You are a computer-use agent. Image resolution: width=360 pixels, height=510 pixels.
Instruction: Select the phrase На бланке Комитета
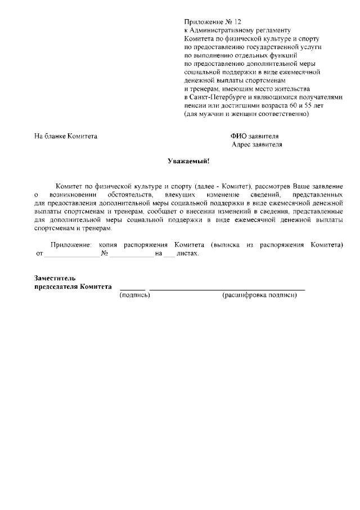(66, 136)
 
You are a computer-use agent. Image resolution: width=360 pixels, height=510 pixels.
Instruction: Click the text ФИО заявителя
(254, 136)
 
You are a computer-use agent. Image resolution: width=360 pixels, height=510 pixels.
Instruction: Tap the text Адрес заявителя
(257, 145)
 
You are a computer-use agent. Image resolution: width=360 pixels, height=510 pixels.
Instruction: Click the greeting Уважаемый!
(188, 162)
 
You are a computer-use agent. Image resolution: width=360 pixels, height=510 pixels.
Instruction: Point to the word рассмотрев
(274, 185)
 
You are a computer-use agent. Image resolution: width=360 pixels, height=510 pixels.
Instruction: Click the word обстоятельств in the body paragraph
(128, 194)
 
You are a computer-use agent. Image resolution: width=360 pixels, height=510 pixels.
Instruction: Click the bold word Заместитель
(55, 278)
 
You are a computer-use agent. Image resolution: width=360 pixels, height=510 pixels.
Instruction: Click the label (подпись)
(134, 295)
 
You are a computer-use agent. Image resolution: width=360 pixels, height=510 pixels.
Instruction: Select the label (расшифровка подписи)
(259, 295)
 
